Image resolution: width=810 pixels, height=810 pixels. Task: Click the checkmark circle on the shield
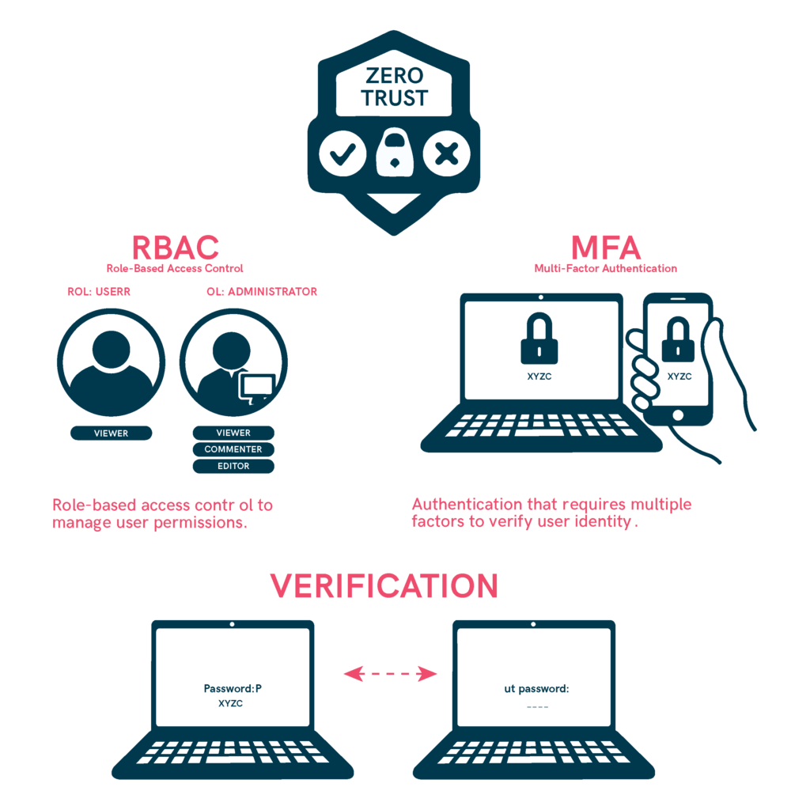coord(343,153)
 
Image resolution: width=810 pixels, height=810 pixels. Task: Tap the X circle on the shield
coord(446,153)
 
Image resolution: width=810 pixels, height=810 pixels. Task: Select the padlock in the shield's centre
coord(395,152)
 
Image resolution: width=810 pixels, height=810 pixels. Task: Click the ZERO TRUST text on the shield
coord(394,87)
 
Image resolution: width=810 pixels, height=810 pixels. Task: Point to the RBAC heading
coord(176,248)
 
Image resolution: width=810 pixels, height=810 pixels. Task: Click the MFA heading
coord(605,248)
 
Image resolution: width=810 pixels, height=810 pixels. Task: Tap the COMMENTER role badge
coord(233,449)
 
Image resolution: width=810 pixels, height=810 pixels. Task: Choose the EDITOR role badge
coord(233,466)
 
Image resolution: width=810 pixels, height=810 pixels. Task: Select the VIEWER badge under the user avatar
coord(111,433)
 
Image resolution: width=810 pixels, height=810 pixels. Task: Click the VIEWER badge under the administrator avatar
coord(233,433)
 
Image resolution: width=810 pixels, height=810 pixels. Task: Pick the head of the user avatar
coord(111,349)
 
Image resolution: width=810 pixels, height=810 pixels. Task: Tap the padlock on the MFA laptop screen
coord(539,339)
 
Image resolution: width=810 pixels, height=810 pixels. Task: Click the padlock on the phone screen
coord(678,339)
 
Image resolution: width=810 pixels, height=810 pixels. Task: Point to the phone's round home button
coord(678,414)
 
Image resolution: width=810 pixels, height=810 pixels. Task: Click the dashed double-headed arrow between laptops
coord(391,674)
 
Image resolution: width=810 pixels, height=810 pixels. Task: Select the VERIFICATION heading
coord(384,586)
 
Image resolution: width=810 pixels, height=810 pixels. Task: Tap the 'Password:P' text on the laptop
coord(233,689)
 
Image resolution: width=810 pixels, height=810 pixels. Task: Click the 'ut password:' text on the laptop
coord(536,689)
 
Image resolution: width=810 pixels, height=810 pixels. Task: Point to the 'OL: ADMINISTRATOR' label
coord(262,291)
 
